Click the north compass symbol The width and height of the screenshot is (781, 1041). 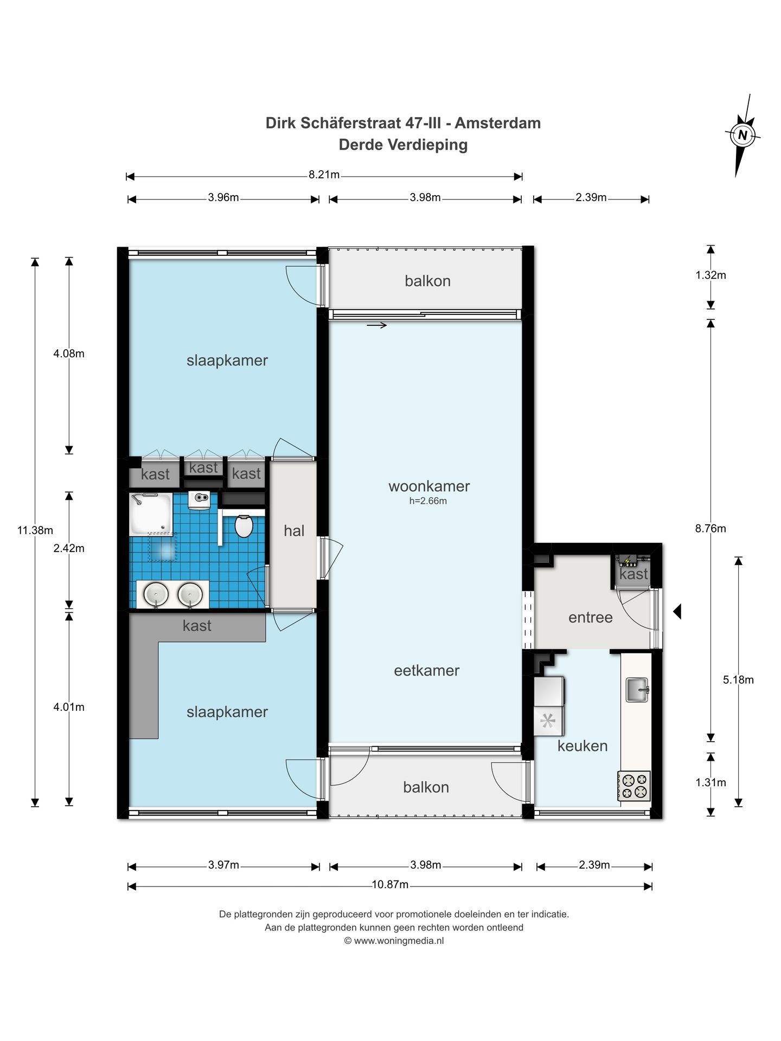[742, 135]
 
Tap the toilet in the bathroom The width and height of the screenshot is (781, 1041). [244, 525]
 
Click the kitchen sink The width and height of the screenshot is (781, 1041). [637, 690]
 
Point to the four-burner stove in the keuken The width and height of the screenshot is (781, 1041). [633, 786]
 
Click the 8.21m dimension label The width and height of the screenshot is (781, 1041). [324, 175]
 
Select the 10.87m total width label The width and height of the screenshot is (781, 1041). [390, 884]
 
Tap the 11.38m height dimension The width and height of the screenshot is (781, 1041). [35, 530]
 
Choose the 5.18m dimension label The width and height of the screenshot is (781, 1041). [738, 680]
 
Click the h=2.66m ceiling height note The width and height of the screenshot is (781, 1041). [428, 501]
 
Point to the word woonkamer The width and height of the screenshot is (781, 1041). [429, 486]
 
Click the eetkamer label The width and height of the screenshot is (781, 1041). [427, 671]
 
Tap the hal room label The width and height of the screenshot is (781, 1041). [294, 531]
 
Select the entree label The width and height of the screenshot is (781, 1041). [591, 618]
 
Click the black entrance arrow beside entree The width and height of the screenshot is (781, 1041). [677, 612]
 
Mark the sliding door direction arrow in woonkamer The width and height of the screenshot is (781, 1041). [377, 325]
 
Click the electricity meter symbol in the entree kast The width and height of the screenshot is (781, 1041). [628, 561]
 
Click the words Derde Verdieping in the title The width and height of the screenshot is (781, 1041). [403, 145]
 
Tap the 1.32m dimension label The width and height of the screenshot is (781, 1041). [710, 275]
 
